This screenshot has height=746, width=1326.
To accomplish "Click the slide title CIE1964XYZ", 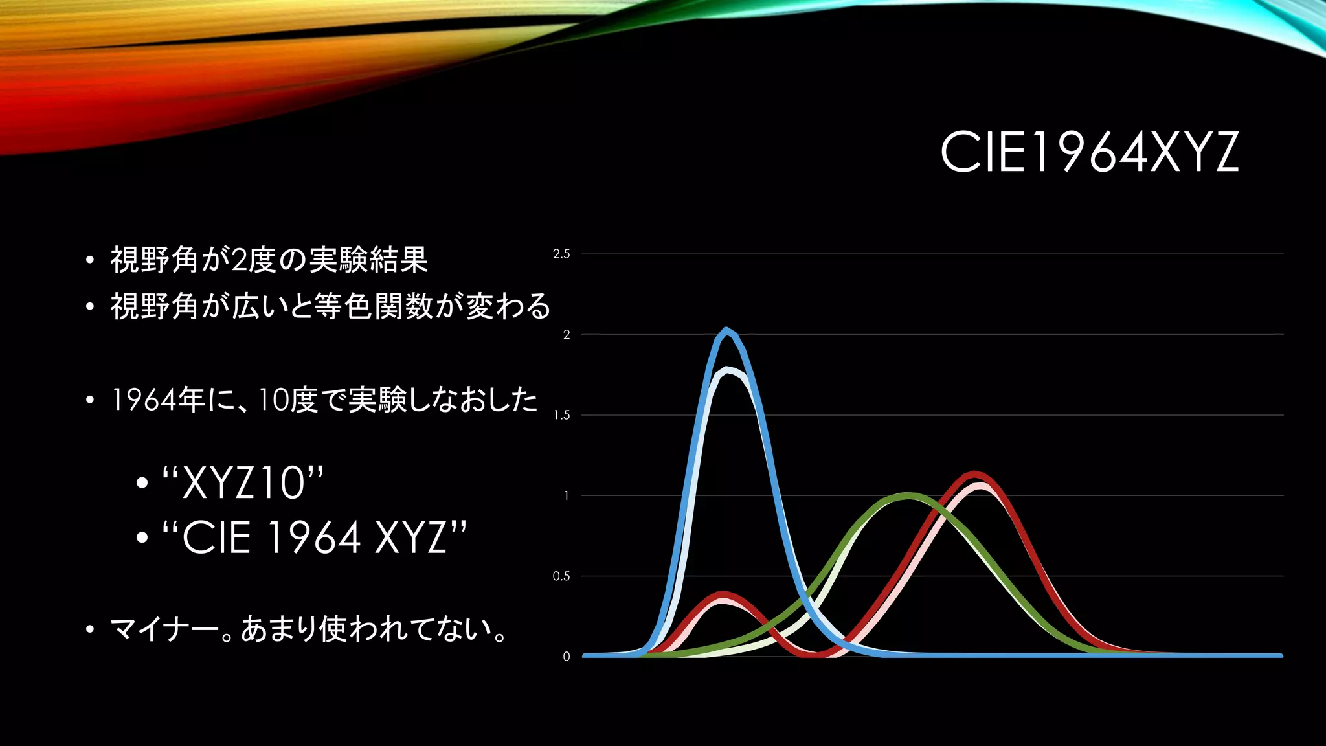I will [x=1089, y=152].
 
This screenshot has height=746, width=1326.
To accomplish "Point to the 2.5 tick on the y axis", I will [x=561, y=254].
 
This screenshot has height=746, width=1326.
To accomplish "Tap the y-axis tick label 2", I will [x=567, y=335].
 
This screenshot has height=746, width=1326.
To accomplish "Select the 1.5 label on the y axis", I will [x=561, y=415].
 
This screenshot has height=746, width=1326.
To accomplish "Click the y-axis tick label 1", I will [x=567, y=495].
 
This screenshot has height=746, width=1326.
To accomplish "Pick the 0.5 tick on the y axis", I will [x=561, y=576].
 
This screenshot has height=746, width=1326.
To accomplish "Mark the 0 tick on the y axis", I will [x=567, y=657].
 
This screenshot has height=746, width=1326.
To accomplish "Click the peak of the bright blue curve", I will [x=726, y=330].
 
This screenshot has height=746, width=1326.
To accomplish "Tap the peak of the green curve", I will [x=908, y=496].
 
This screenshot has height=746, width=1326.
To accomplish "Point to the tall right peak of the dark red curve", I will [x=974, y=475].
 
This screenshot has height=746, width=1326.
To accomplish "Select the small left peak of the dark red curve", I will [x=724, y=594].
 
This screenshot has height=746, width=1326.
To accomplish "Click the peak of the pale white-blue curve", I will [x=728, y=370].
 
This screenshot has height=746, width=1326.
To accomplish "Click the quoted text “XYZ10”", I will [x=243, y=482].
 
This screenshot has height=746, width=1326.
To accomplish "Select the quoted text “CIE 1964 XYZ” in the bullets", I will [x=314, y=537].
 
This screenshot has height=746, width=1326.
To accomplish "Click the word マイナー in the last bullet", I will [x=164, y=629].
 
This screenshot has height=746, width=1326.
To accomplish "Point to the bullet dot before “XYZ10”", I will [x=142, y=483].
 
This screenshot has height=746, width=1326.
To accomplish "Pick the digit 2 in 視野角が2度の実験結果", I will [x=239, y=260].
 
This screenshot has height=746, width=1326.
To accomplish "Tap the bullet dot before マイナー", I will [x=90, y=629].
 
